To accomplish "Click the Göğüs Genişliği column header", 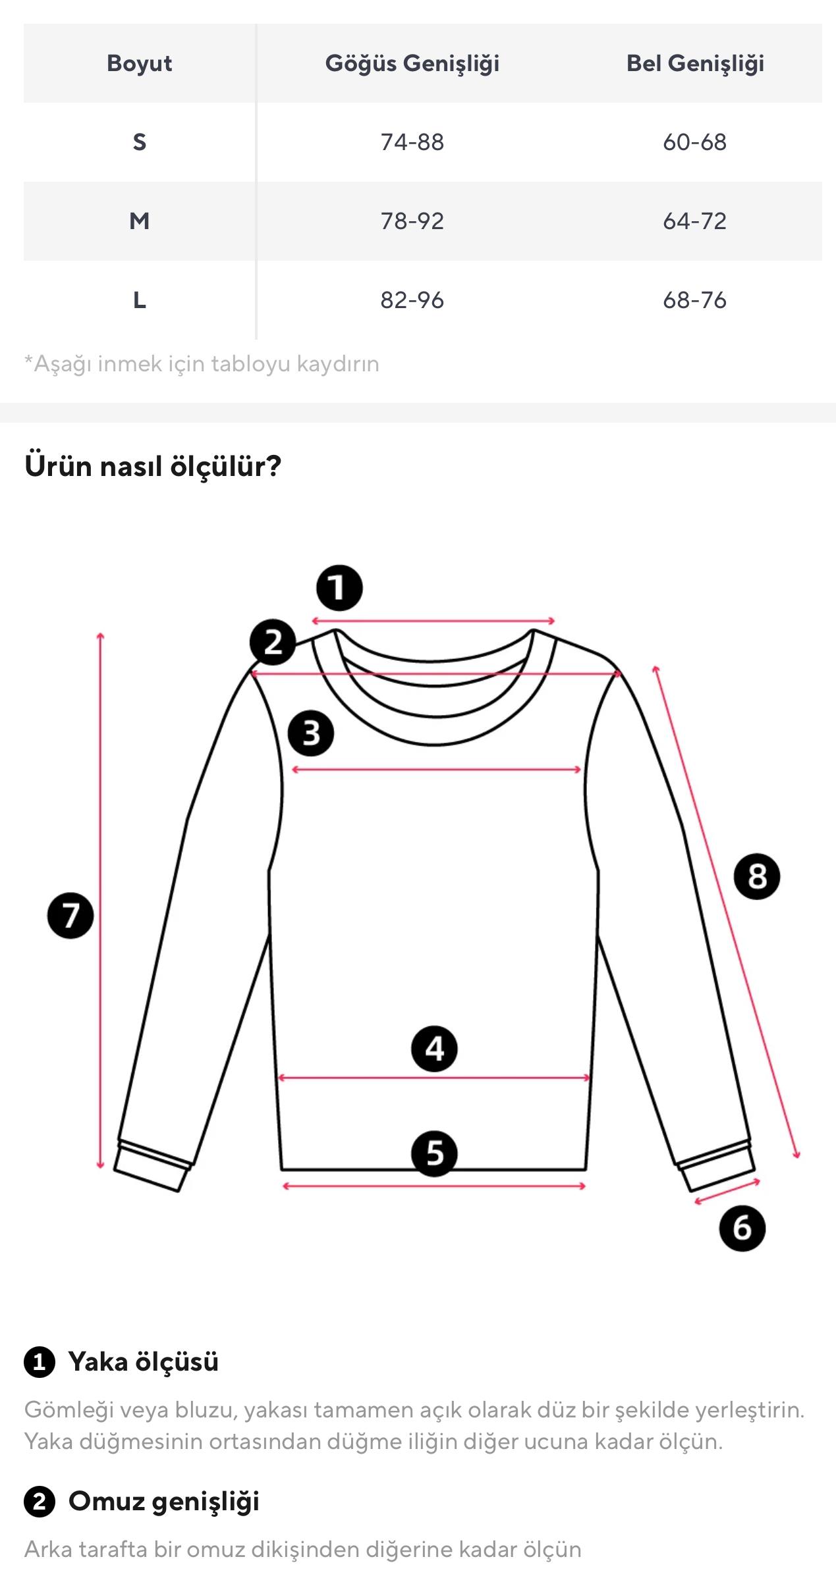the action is [412, 63].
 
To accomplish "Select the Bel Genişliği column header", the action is [695, 63].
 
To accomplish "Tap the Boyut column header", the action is [140, 63].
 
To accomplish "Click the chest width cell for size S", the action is [412, 142].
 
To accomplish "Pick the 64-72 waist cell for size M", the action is [695, 221].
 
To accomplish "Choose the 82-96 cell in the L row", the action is [412, 300].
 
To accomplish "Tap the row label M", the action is [140, 221].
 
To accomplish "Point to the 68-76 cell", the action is [695, 300].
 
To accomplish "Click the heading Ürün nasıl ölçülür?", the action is [153, 466].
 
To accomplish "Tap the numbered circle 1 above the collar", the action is [339, 588].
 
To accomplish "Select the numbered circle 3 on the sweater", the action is [311, 733].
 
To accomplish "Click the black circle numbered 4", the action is [434, 1049].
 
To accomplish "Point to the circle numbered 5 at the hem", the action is [434, 1153].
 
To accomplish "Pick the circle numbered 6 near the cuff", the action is [742, 1228].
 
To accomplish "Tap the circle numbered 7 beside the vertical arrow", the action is [70, 916].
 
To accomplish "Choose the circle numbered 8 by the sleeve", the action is [757, 876].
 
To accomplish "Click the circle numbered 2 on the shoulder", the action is [273, 642].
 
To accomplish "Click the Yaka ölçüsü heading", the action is [144, 1362].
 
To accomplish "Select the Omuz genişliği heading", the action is [164, 1502].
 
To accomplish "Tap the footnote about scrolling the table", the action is [202, 364].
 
